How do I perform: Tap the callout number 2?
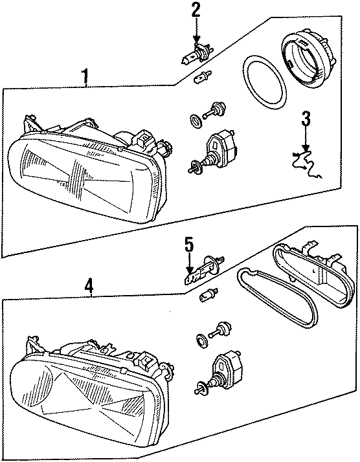[x=196, y=9]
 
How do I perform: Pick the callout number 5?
[x=189, y=245]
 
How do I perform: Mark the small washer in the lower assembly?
[x=201, y=339]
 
